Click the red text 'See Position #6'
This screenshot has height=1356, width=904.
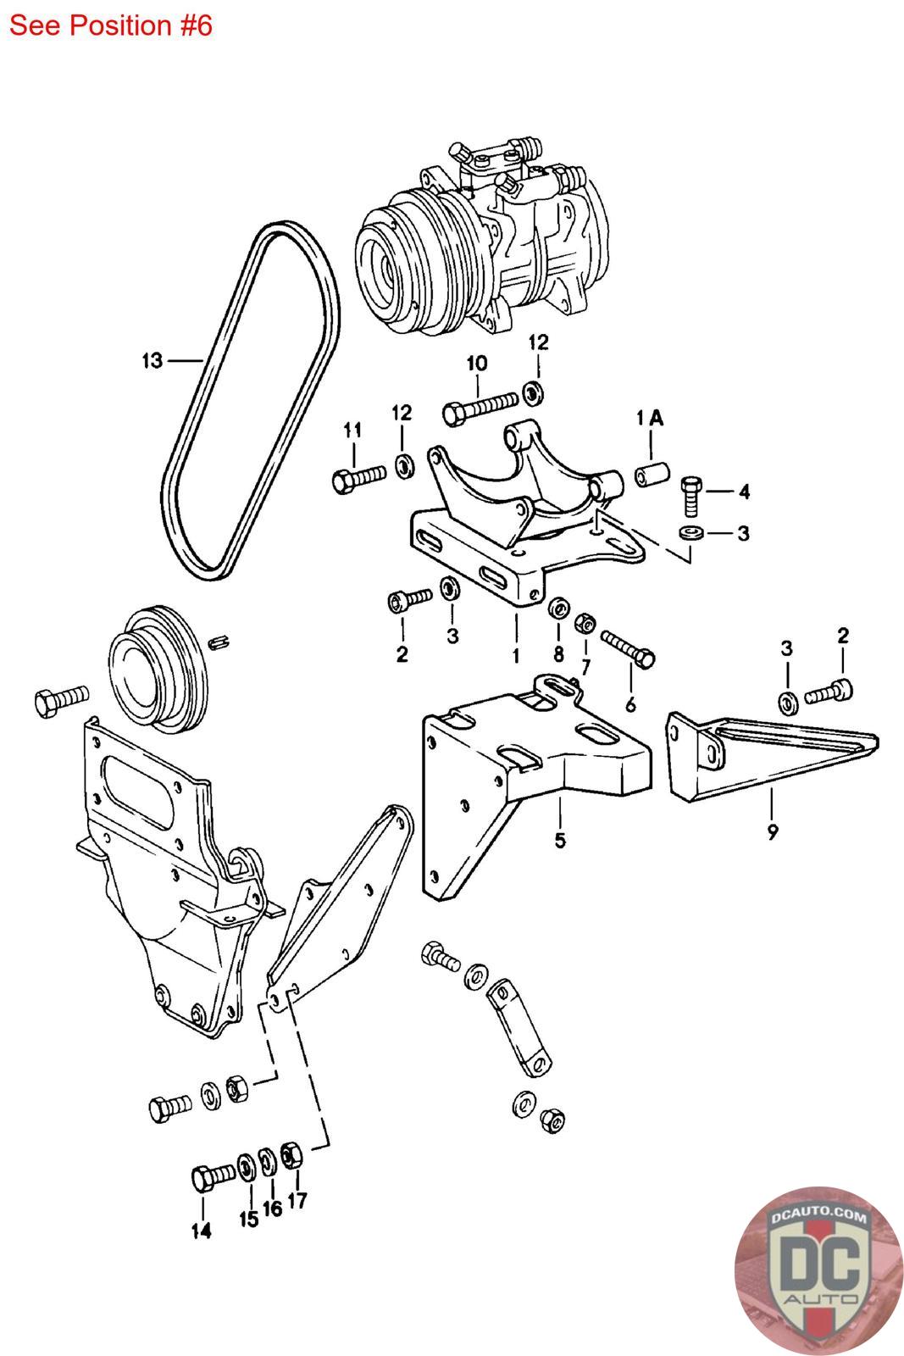click(111, 26)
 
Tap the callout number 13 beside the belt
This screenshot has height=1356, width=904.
click(153, 361)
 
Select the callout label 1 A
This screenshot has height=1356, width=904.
click(650, 419)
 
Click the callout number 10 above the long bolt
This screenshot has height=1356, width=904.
click(477, 364)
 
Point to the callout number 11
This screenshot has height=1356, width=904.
click(352, 431)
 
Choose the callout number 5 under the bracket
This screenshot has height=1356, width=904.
click(560, 840)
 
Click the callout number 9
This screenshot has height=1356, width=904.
click(773, 831)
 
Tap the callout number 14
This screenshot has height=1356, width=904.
click(202, 1230)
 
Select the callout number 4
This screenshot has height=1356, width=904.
click(744, 492)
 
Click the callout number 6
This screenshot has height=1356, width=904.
click(630, 704)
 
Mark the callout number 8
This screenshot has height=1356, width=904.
click(558, 653)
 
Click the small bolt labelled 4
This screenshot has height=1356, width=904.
click(691, 495)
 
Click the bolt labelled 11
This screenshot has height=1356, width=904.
click(359, 479)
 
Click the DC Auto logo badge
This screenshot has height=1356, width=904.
click(818, 1270)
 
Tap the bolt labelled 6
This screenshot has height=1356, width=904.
click(628, 648)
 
